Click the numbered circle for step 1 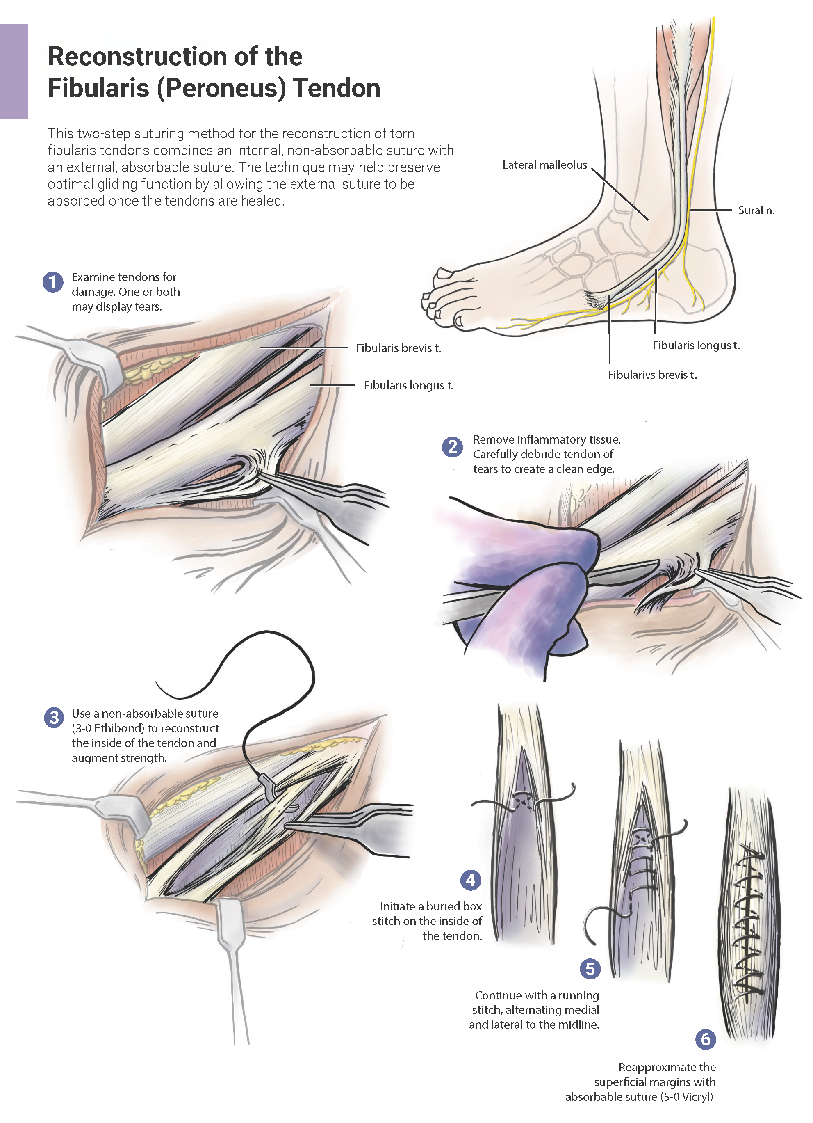pyautogui.click(x=53, y=282)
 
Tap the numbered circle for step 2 pyautogui.click(x=452, y=447)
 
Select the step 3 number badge pyautogui.click(x=54, y=718)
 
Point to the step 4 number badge pyautogui.click(x=470, y=880)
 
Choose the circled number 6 pyautogui.click(x=705, y=1039)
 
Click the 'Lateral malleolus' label pyautogui.click(x=544, y=165)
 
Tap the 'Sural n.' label pyautogui.click(x=756, y=210)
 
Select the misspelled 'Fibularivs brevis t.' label pyautogui.click(x=652, y=375)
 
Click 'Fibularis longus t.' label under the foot pyautogui.click(x=696, y=345)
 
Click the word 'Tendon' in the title pyautogui.click(x=337, y=88)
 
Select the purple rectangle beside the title pyautogui.click(x=14, y=72)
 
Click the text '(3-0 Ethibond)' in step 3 pyautogui.click(x=108, y=728)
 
